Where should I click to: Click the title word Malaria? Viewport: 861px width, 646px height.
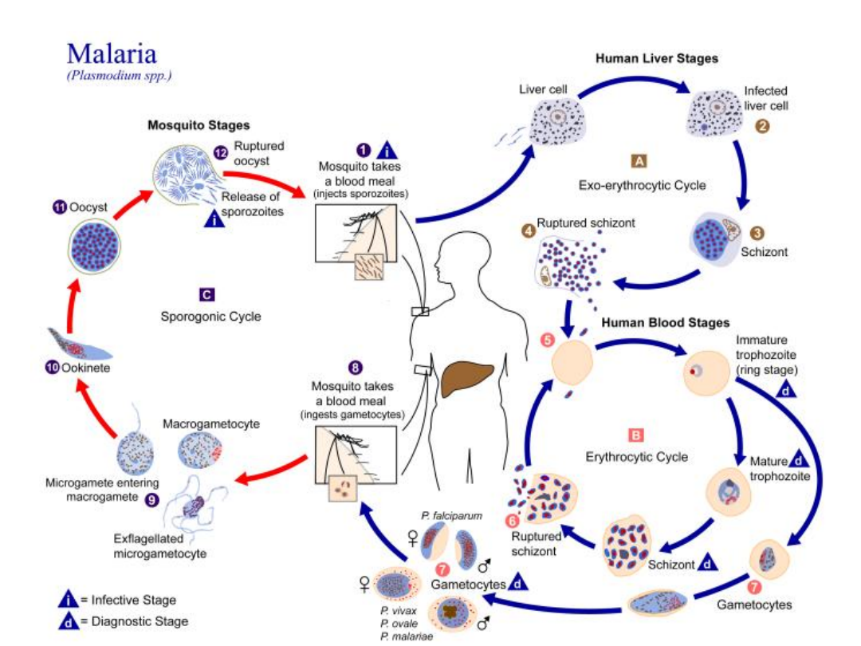point(112,53)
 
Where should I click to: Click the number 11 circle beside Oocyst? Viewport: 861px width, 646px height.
point(58,207)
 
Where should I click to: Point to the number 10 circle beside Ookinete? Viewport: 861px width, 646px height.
point(53,369)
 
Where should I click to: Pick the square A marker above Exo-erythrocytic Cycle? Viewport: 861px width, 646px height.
point(639,161)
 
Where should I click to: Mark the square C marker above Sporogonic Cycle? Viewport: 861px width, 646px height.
point(206,294)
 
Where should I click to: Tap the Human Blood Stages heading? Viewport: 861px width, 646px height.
point(665,323)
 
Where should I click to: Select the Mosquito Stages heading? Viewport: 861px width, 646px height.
point(199,125)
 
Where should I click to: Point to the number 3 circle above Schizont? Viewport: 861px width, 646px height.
point(757,233)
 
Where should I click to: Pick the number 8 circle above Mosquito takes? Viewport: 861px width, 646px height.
point(356,368)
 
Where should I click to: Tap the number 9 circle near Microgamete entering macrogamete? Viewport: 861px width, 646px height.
point(174,500)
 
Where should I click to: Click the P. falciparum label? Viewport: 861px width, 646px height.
point(452,516)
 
